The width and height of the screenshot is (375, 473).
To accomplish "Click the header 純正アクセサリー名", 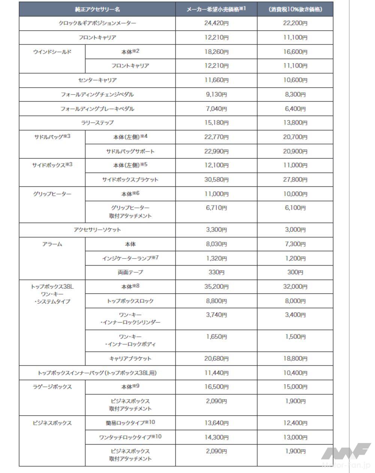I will coord(97,9).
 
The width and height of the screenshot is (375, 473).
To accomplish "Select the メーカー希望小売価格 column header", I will coord(216,9).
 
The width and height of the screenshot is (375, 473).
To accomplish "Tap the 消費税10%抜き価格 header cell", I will coord(295,9).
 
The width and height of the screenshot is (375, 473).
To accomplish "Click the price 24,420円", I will coord(216,23).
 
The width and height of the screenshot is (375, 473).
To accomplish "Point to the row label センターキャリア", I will coord(97,80).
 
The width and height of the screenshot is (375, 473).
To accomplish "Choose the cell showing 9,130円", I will coord(216,95).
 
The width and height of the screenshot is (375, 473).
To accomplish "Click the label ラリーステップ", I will coord(97,123).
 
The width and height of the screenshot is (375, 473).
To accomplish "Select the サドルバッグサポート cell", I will coord(130,152).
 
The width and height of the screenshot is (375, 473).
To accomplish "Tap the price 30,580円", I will coord(216,180).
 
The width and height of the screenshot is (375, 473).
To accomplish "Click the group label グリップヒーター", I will coord(52,194).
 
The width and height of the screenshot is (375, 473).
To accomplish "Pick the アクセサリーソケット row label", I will coord(97,230).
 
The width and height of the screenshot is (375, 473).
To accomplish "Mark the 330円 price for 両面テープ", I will coord(216,272).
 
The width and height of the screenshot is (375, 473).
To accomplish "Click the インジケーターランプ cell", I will coord(130,258).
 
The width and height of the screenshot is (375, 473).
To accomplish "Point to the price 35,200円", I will coord(216,287).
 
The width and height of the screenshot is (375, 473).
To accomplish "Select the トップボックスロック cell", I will coord(130,301).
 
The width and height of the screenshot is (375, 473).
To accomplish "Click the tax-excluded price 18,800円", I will coord(295,359).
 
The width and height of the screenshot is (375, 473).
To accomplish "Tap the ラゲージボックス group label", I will coord(52,387).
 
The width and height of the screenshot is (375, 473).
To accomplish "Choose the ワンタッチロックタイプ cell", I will coord(130,437).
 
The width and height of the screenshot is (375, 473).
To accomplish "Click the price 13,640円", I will coord(216,423).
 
